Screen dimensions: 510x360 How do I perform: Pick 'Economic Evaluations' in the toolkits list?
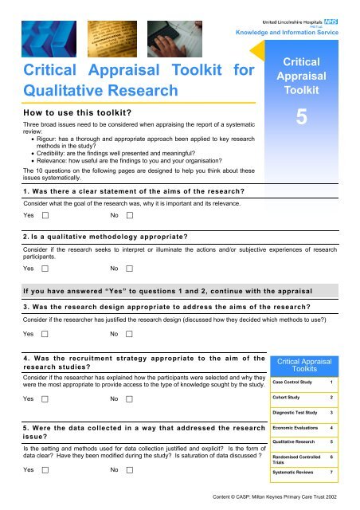(304, 428)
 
